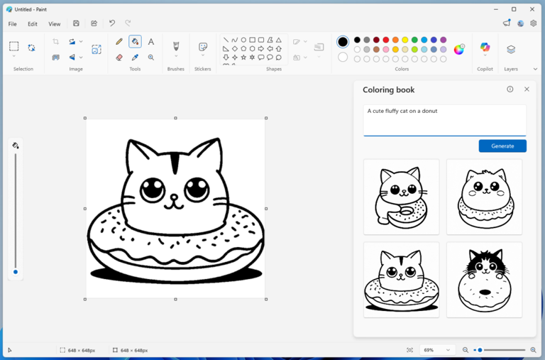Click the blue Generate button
pyautogui.click(x=502, y=146)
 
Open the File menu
pyautogui.click(x=13, y=23)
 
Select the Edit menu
pyautogui.click(x=33, y=23)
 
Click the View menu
pyautogui.click(x=55, y=23)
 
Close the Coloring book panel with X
pyautogui.click(x=527, y=89)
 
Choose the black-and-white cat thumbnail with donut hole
pyautogui.click(x=484, y=280)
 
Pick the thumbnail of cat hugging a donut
pyautogui.click(x=401, y=197)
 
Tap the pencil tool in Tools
pyautogui.click(x=119, y=42)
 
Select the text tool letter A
pyautogui.click(x=151, y=42)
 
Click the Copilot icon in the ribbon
pyautogui.click(x=485, y=48)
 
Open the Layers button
pyautogui.click(x=511, y=49)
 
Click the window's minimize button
pyautogui.click(x=495, y=9)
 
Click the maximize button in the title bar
pyautogui.click(x=514, y=9)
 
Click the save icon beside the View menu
pyautogui.click(x=76, y=23)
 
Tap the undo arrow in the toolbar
pyautogui.click(x=111, y=23)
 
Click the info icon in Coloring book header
pyautogui.click(x=510, y=89)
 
